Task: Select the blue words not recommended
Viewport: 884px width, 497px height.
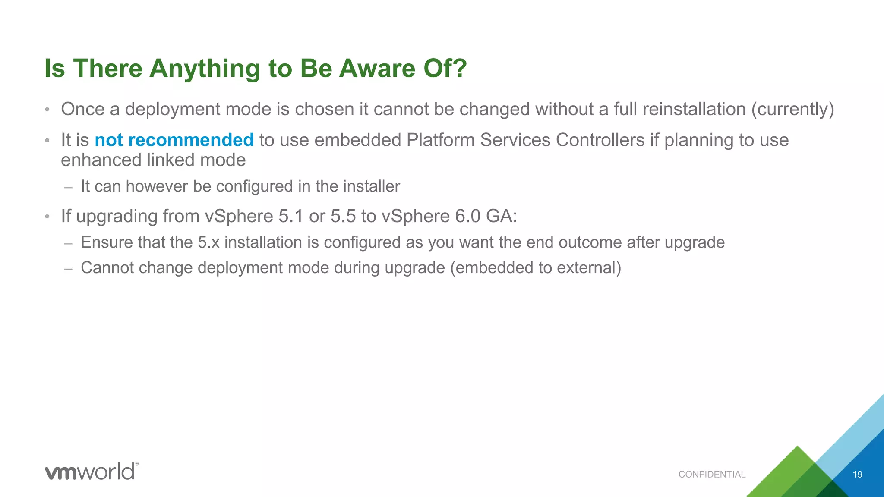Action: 174,140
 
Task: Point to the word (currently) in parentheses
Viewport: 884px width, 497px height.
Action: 792,109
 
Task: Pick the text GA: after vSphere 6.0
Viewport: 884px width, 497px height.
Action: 502,216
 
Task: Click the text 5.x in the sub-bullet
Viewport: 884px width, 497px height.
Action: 208,242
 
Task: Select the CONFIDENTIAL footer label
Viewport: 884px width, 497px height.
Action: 712,475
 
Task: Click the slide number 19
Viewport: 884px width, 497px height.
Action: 857,475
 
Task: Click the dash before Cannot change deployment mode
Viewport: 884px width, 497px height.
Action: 68,268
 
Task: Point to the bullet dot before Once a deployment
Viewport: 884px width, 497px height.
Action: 47,110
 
